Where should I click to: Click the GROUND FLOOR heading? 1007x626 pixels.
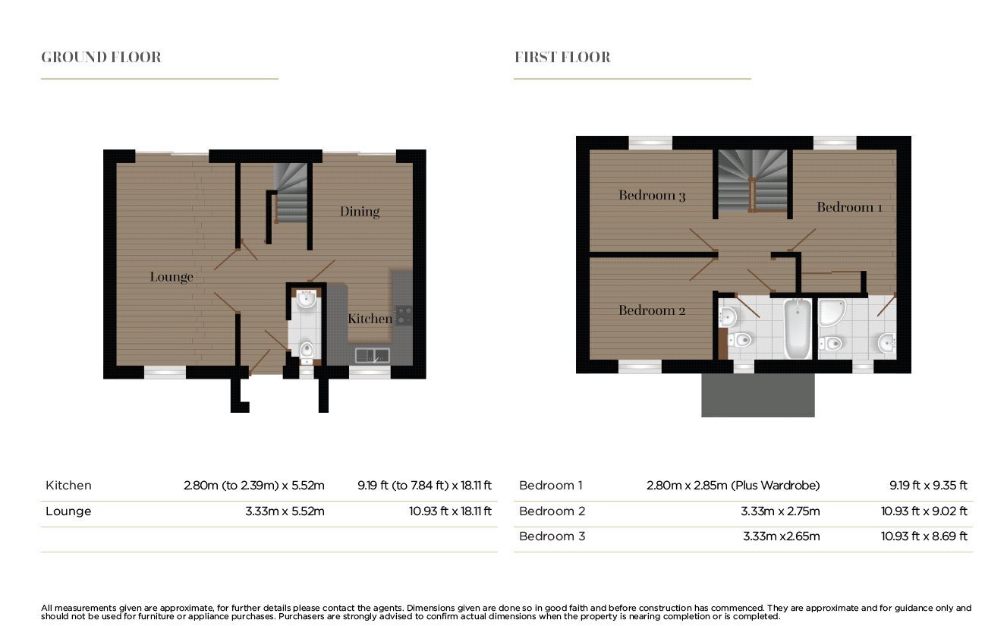click(101, 58)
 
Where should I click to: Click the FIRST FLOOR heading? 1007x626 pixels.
click(562, 58)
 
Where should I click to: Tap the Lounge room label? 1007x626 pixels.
click(172, 277)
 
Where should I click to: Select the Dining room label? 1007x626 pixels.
click(360, 212)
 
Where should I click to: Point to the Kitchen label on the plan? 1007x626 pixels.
click(370, 319)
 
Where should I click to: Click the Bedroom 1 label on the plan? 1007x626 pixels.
click(849, 207)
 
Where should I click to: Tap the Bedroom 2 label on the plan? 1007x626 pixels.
click(652, 310)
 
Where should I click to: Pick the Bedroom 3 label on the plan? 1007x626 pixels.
click(652, 195)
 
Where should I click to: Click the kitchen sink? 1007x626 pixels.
click(373, 355)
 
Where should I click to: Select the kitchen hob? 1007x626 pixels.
click(403, 315)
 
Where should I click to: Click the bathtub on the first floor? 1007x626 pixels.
click(798, 329)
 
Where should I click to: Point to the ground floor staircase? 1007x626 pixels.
click(291, 193)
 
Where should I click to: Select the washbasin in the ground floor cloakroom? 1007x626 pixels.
click(306, 299)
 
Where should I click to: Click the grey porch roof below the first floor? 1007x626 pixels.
click(758, 395)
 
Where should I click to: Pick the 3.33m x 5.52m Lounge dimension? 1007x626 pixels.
click(285, 511)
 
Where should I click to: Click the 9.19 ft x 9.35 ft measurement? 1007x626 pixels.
click(928, 486)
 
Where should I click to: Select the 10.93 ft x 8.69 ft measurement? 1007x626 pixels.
click(924, 536)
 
